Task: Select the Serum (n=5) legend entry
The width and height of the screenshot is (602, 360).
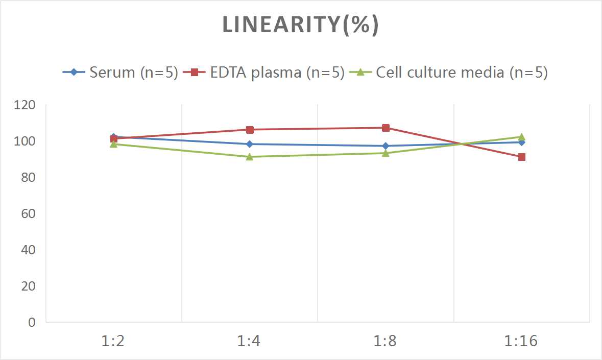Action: coord(121,73)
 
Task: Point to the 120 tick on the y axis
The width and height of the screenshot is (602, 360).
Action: coord(26,105)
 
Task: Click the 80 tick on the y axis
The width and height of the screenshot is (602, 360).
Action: coord(28,177)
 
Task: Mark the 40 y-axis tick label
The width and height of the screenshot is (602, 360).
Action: coord(28,250)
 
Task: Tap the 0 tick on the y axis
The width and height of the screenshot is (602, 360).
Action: coord(32,322)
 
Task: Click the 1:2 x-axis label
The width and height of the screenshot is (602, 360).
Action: coord(113,341)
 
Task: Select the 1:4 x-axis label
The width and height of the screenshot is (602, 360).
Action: coord(249,341)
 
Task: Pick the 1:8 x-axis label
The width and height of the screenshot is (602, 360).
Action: coord(386,341)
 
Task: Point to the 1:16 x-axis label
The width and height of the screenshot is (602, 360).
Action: coord(521,341)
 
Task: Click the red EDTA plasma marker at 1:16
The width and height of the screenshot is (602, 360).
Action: coord(522,157)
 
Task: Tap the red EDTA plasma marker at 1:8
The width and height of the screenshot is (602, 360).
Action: coord(386,128)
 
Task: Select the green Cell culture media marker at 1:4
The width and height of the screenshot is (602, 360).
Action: coord(250,157)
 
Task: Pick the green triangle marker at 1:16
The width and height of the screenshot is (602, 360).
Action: coord(522,137)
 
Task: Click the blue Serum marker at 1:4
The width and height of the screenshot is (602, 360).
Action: coord(250,144)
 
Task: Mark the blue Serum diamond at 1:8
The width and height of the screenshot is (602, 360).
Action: coord(386,146)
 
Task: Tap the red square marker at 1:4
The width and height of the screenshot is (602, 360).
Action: coord(250,130)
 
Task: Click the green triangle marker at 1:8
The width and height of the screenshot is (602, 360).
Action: coord(386,153)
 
